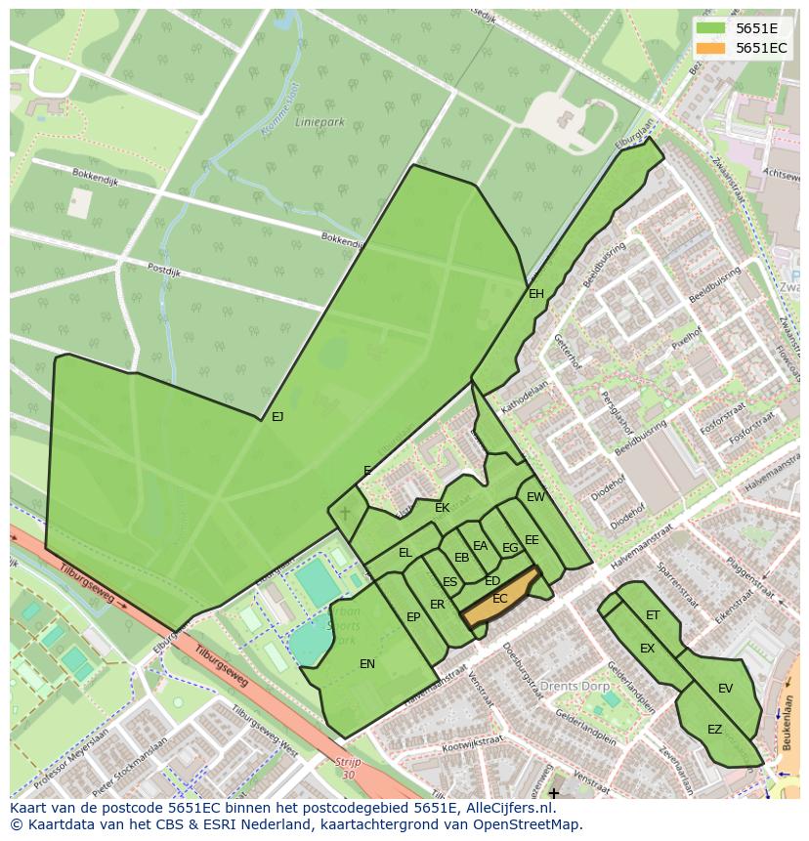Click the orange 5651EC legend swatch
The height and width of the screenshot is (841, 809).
(x=711, y=48)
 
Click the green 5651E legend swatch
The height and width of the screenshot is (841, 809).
(x=711, y=28)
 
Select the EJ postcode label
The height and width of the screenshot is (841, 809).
(x=277, y=417)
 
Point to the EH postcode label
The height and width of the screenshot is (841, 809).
(x=536, y=294)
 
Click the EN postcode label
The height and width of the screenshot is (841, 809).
(x=367, y=664)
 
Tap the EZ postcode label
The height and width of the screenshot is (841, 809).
(x=715, y=730)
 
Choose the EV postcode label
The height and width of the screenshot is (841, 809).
(x=725, y=689)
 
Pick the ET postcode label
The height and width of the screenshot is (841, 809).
(x=653, y=615)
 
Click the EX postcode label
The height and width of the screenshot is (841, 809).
(x=647, y=649)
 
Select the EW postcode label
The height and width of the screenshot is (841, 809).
(x=535, y=497)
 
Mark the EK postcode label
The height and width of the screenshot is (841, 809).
(x=443, y=508)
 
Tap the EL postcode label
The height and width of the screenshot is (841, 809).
(x=405, y=553)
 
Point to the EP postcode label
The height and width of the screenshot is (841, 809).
(x=413, y=617)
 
